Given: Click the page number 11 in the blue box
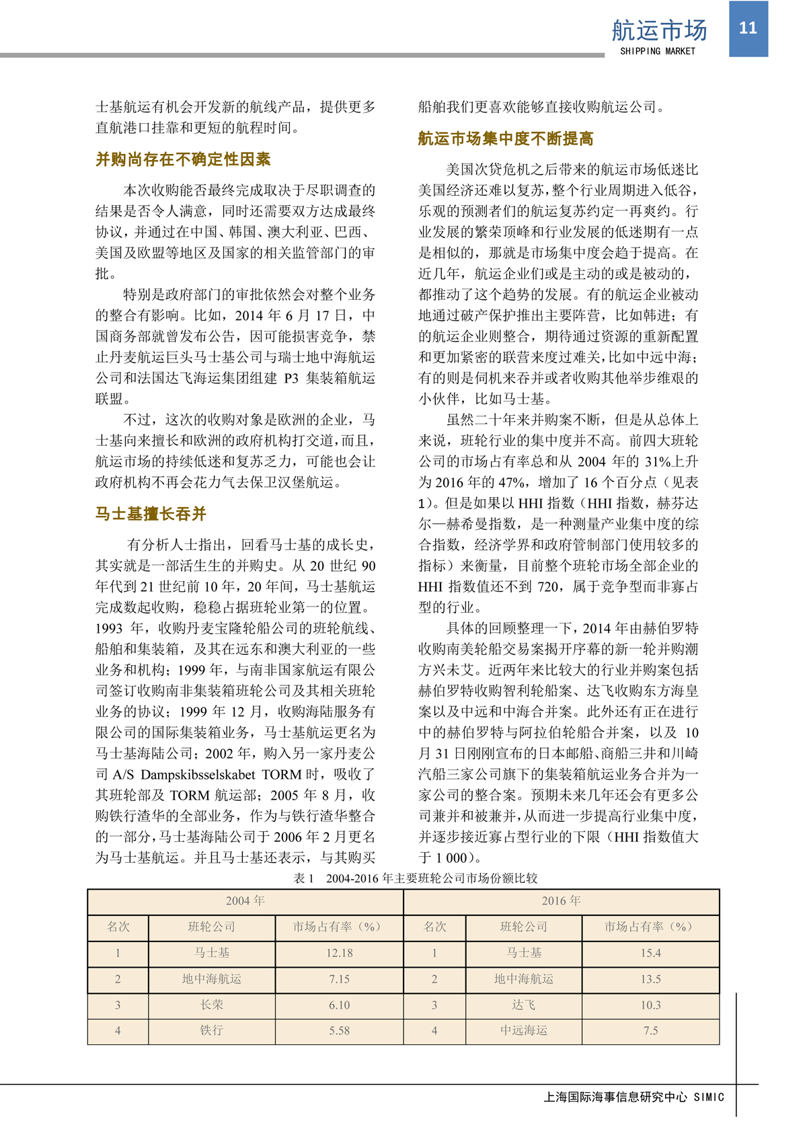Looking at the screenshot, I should coord(748,28).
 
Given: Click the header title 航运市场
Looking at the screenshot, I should coord(659,30).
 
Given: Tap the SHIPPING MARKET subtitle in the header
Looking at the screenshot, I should coord(658,51).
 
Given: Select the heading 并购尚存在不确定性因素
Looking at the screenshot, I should coord(183,159).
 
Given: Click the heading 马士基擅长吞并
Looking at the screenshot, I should coord(151,514).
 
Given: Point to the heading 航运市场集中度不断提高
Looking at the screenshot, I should coord(506,139).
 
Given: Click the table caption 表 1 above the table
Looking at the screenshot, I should coord(415,878).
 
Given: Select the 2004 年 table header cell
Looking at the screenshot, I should coord(245,901).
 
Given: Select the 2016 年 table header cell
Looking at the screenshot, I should coord(561,901).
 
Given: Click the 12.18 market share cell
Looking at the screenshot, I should coord(339,953).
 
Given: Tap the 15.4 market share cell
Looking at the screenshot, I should coord(650,953).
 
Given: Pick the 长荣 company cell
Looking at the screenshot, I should coord(212,1005).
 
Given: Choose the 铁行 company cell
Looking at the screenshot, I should coord(212,1030).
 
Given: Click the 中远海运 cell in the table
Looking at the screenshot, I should coord(524,1030).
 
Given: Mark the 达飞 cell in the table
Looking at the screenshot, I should coord(524,1005).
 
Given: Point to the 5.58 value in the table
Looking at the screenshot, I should coord(339,1030).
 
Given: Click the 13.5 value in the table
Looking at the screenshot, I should coord(650,979).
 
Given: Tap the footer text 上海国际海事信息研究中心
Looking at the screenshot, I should coord(615,1097).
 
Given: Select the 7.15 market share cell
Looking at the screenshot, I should coord(339,979).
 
